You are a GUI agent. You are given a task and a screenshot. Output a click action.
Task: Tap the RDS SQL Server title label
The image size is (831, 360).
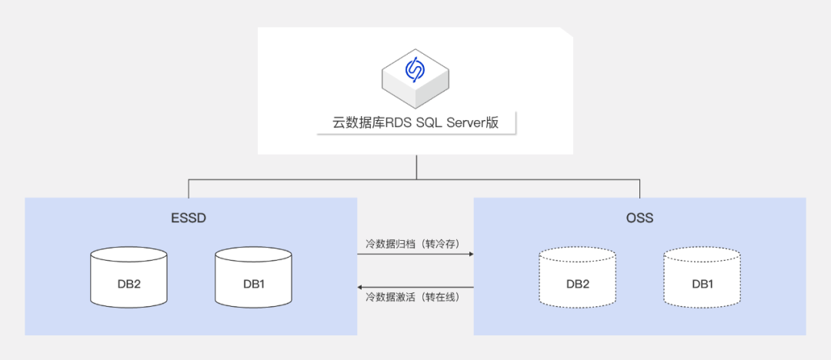coord(415,123)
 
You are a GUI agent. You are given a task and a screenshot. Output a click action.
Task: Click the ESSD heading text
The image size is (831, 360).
coord(189,218)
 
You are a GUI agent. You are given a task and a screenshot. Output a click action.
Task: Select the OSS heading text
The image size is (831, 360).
coord(639,218)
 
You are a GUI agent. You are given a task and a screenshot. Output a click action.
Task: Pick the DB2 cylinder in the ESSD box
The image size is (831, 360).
coord(128,276)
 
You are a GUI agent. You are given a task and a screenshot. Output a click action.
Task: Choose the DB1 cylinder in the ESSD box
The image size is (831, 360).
coord(254,276)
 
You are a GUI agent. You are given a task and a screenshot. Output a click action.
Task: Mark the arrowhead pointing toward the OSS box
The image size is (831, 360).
coord(469,254)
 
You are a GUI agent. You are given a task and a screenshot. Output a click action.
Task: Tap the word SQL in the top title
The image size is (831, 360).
coord(426,123)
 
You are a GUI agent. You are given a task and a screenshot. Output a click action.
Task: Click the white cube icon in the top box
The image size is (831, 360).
coord(415,77)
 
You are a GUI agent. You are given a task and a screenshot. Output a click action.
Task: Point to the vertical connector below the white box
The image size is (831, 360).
coord(415,168)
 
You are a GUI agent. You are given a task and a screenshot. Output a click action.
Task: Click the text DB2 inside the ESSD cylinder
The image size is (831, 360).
coord(128,284)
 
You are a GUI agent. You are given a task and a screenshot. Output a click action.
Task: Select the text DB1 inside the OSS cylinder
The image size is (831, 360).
coord(703,284)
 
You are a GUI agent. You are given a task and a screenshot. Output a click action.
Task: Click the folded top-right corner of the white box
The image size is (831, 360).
coord(568,33)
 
